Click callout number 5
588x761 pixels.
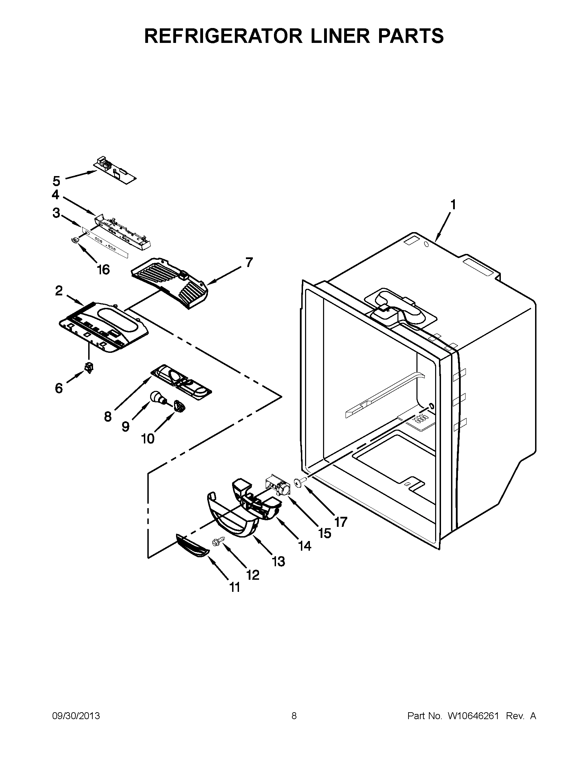[56, 181]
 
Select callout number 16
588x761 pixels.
[103, 269]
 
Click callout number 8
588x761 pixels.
[108, 416]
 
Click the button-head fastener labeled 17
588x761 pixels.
[297, 482]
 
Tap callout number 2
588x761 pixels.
[59, 291]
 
